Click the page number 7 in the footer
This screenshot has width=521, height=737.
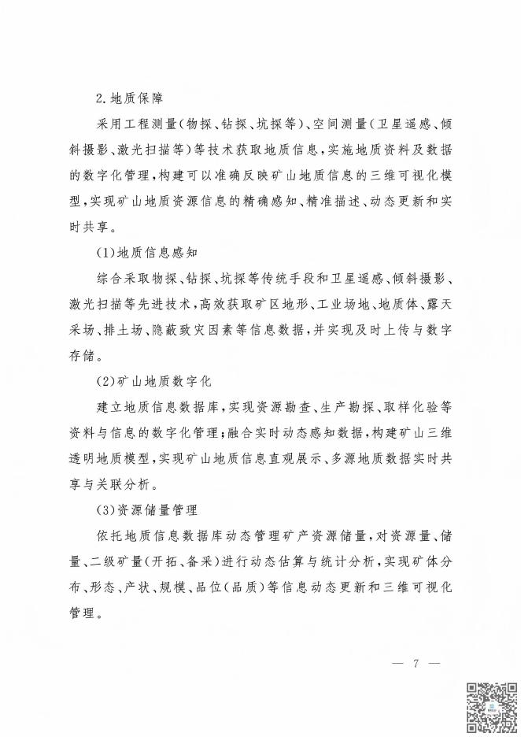click(x=415, y=663)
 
